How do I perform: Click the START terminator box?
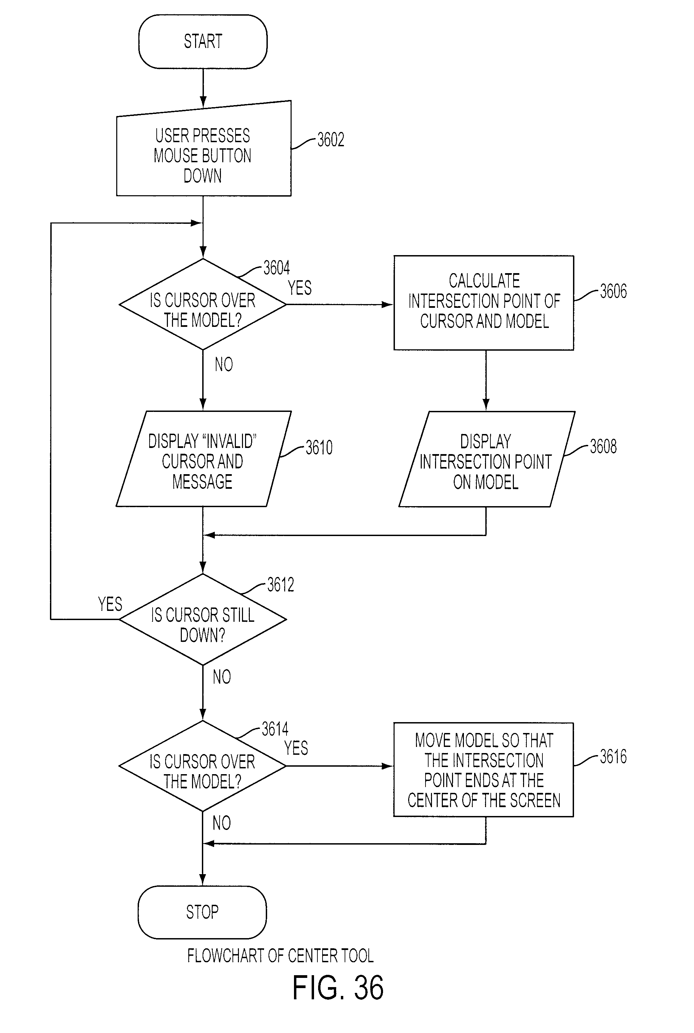coord(203,41)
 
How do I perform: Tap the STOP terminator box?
coord(202,912)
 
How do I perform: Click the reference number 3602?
coord(331,139)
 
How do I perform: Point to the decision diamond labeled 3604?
coord(203,304)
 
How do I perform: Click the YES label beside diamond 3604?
coord(300,288)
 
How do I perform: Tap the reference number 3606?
coord(613,291)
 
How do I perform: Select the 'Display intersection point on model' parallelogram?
coord(487,459)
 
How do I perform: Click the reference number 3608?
coord(603,447)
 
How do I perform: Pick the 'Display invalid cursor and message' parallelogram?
coord(204,459)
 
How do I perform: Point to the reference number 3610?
coord(319,447)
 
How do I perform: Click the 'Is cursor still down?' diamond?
coord(203,619)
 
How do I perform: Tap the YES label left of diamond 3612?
coord(110,604)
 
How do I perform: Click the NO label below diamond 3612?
coord(222,677)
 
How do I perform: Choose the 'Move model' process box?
coord(483,770)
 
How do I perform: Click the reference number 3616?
coord(613,756)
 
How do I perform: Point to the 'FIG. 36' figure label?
coord(338,987)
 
